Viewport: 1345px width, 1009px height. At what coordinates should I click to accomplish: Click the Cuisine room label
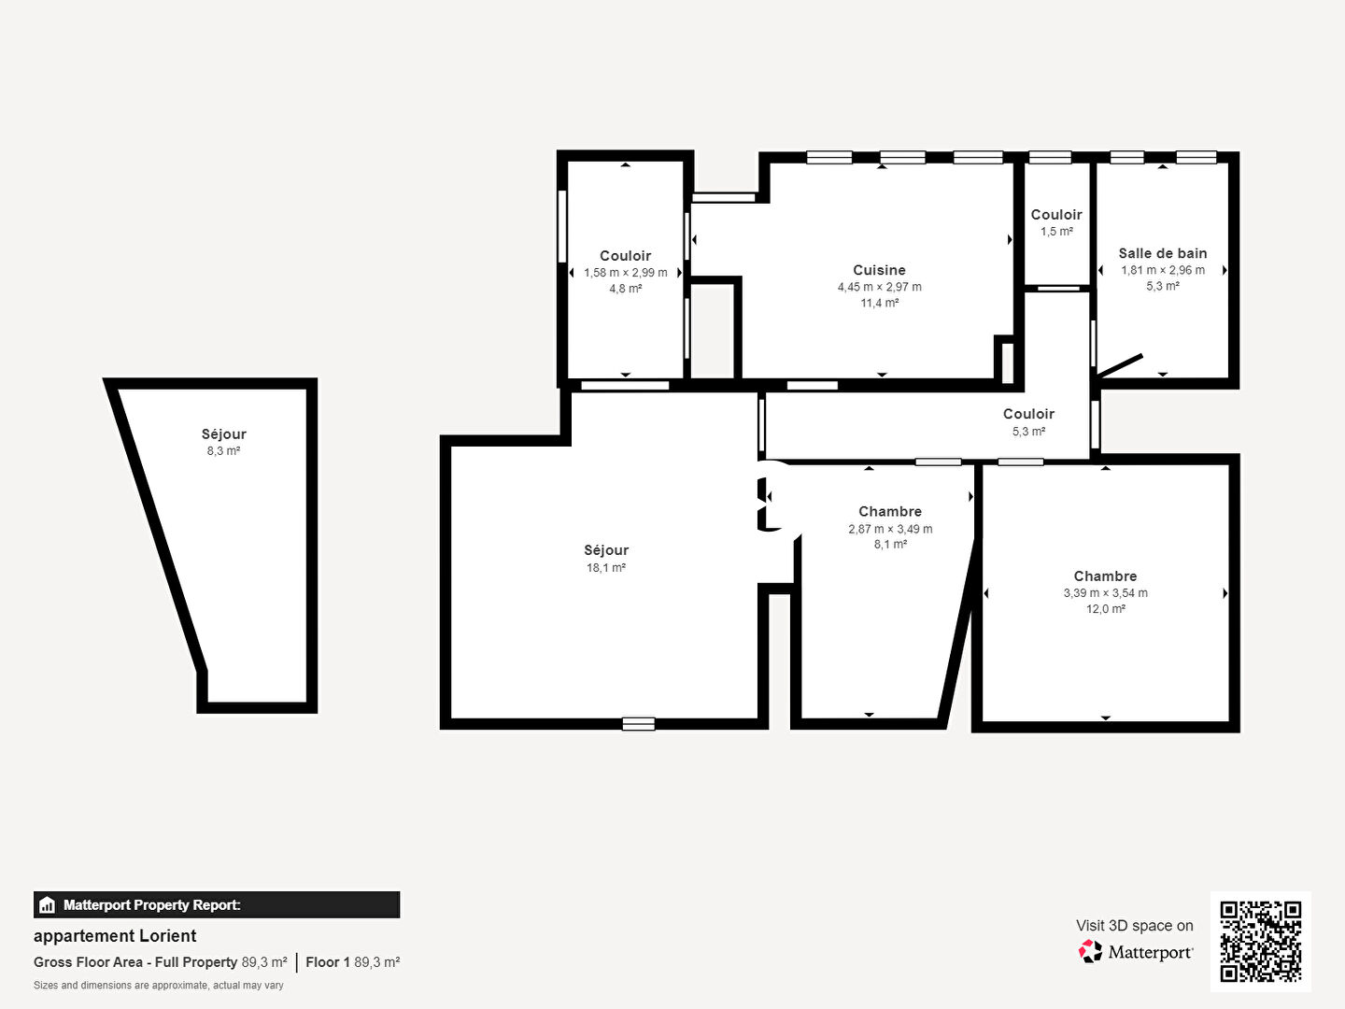coord(879,270)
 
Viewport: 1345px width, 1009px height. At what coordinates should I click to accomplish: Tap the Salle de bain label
coord(1163,253)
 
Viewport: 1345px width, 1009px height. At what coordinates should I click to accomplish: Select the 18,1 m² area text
coord(606,568)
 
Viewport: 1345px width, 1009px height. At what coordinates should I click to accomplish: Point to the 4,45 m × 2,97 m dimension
coord(879,287)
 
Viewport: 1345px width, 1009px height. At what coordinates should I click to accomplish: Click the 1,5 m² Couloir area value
coord(1056,232)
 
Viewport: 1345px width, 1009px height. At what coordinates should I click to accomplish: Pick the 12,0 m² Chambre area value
coord(1105,609)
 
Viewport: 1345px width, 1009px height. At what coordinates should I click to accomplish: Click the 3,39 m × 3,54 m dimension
coord(1105,593)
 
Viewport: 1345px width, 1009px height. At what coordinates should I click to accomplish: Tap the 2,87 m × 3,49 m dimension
coord(890,529)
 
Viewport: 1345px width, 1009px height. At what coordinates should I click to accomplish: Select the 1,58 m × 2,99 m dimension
coord(625,273)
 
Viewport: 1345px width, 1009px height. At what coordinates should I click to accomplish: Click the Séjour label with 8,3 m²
coord(223,434)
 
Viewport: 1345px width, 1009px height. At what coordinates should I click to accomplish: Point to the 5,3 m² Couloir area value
coord(1028,432)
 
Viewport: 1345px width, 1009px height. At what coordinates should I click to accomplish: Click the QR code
coord(1260,942)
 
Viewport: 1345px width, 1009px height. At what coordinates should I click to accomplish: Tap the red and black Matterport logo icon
coord(1090,951)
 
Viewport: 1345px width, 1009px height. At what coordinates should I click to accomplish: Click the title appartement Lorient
coord(115,936)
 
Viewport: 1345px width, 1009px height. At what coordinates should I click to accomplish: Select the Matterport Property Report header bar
coord(217,905)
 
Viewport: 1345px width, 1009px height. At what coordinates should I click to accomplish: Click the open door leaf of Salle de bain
coord(1119,365)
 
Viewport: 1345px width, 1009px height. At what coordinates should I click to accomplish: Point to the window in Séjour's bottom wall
coord(639,723)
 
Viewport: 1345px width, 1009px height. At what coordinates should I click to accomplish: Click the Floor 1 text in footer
coord(328,962)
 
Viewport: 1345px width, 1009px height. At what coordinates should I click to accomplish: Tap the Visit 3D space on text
coord(1134,926)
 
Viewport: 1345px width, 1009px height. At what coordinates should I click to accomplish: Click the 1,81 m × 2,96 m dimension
coord(1163,270)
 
